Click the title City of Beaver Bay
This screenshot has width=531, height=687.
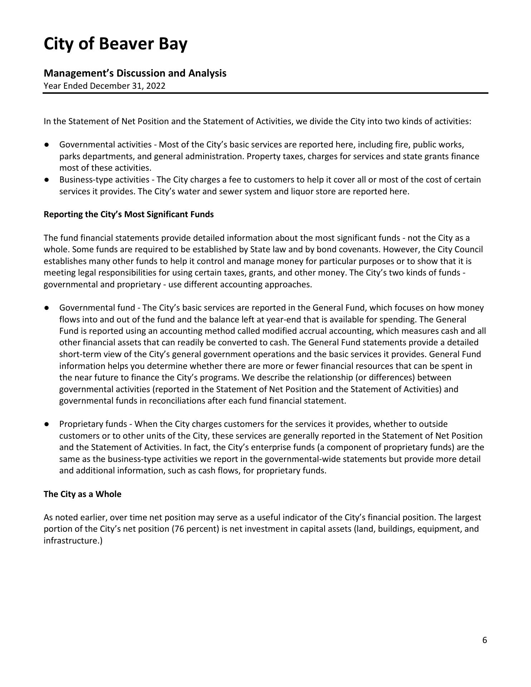tap(115, 44)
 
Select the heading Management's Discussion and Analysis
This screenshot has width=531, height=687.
tap(135, 73)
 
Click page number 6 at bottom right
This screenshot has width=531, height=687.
tap(484, 640)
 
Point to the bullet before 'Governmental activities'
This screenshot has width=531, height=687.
tap(47, 145)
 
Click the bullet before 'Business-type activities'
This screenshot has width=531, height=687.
tap(47, 180)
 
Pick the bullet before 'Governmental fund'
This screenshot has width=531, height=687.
tap(47, 308)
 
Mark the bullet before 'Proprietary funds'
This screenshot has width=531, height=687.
tap(47, 424)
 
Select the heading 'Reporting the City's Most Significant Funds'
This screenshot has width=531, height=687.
tap(128, 214)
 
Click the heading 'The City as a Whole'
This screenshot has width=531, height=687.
tap(82, 494)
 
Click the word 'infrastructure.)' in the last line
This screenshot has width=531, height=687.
tap(73, 541)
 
